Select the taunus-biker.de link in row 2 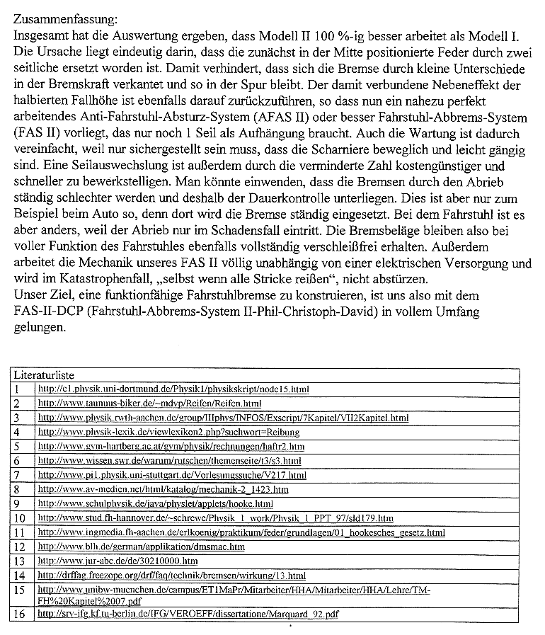pos(149,403)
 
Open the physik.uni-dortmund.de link pos(173,389)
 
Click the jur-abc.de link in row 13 pos(117,561)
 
